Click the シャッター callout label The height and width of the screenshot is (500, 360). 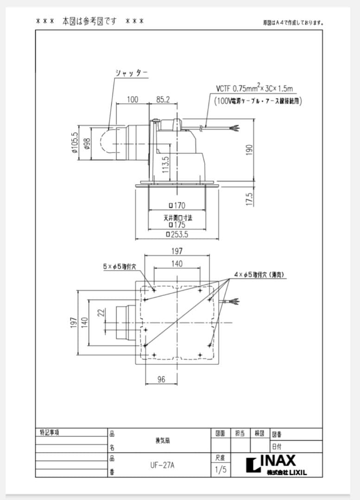point(132,73)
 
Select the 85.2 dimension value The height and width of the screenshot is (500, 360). point(163,99)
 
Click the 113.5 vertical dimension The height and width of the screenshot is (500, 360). point(165,164)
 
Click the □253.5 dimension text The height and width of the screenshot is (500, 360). point(177,235)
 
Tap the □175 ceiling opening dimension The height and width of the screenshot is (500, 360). point(177,225)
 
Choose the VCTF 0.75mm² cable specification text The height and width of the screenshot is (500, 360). point(253,88)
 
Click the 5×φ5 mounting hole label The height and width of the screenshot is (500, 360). point(120,267)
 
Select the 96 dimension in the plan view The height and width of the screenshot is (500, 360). point(161,380)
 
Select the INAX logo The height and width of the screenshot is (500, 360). point(272,462)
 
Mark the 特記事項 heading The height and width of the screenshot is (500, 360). point(50,432)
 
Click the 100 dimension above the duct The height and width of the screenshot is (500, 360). point(133,99)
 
